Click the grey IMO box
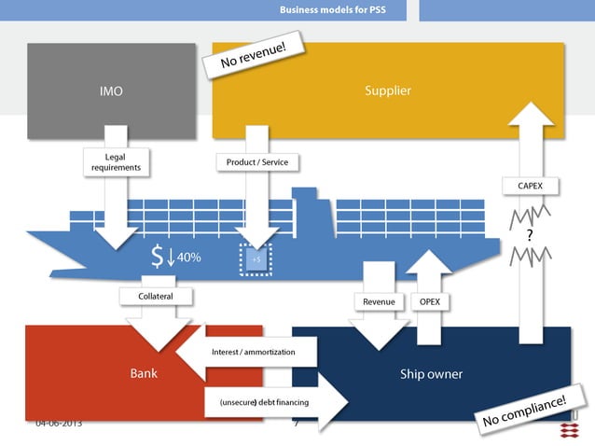coord(110,91)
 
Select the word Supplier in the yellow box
coord(387,91)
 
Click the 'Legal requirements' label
coord(116,162)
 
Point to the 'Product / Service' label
coord(257,162)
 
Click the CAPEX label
coord(530,186)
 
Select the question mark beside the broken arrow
coord(530,234)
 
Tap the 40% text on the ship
coord(189,257)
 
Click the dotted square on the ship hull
coord(256,258)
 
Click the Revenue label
coord(378,301)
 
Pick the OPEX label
coord(429,301)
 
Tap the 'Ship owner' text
coord(431,373)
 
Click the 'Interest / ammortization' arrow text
coord(253,352)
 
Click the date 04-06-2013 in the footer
coord(59,424)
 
